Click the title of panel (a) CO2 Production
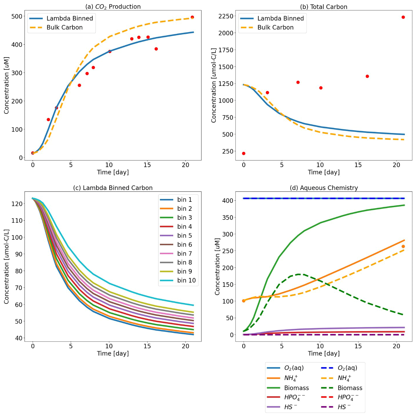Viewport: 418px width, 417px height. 113,7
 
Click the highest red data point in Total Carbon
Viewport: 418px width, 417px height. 403,17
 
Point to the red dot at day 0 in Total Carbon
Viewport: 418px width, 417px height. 244,154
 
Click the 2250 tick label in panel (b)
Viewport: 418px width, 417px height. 226,16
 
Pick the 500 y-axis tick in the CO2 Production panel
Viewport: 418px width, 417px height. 17,16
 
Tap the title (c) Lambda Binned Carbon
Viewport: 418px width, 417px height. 113,188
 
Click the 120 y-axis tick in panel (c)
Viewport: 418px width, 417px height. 17,204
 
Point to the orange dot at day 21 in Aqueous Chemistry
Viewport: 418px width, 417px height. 403,247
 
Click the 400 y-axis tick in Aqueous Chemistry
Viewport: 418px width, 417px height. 228,200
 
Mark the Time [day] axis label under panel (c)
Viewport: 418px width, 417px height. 113,353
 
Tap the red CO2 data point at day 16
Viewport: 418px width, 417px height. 156,49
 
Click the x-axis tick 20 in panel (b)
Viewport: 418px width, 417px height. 396,165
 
